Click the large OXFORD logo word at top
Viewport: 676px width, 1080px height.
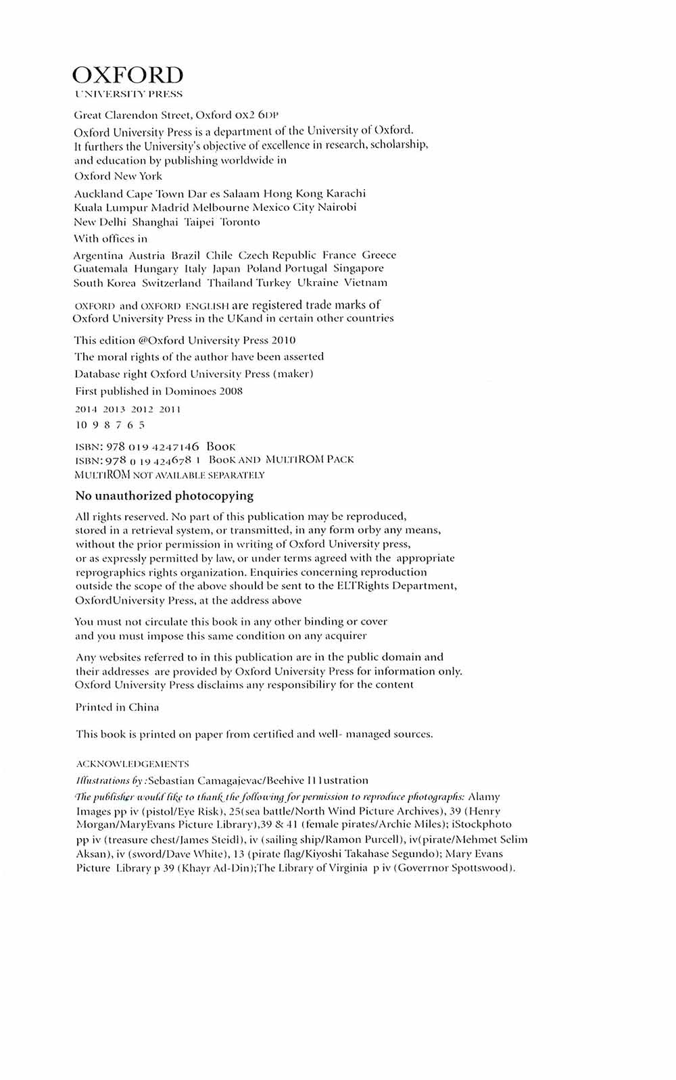pos(128,74)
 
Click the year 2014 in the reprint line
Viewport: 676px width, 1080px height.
pos(87,410)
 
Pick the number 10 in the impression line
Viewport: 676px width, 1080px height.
pos(82,425)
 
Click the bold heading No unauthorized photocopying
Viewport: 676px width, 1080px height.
pos(164,496)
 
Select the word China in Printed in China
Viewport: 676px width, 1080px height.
pos(143,708)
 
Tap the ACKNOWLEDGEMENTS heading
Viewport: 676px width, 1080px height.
pos(132,764)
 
